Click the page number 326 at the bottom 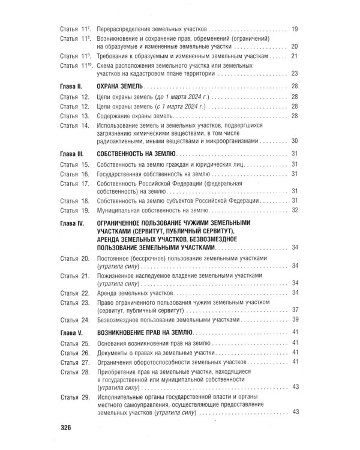65,427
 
